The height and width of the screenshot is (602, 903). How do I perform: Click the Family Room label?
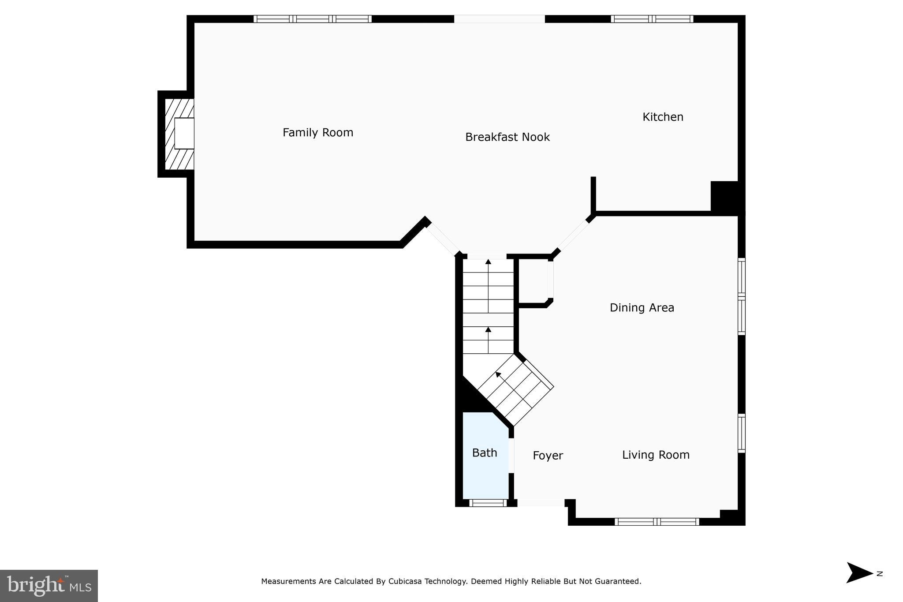point(317,132)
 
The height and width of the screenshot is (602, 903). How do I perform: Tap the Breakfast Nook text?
point(507,137)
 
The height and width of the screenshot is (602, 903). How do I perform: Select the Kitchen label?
point(662,117)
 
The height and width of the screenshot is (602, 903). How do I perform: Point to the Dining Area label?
point(642,307)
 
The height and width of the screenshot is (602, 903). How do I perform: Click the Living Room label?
point(655,455)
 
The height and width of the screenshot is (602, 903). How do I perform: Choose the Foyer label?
point(548,456)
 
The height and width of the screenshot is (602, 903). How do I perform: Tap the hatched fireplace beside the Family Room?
point(179,134)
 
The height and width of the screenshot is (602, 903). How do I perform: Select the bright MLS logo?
point(49,586)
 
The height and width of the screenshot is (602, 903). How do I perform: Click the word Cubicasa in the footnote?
point(404,581)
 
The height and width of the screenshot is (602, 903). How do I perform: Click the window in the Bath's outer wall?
point(488,503)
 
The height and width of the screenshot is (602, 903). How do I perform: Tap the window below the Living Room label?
point(657,522)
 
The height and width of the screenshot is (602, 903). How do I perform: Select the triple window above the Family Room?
point(312,19)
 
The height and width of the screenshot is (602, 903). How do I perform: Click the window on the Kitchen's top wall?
point(652,19)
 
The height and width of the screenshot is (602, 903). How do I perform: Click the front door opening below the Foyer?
point(541,503)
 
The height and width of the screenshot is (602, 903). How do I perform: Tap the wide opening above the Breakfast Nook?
point(499,19)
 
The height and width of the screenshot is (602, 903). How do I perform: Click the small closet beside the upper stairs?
point(534,281)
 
